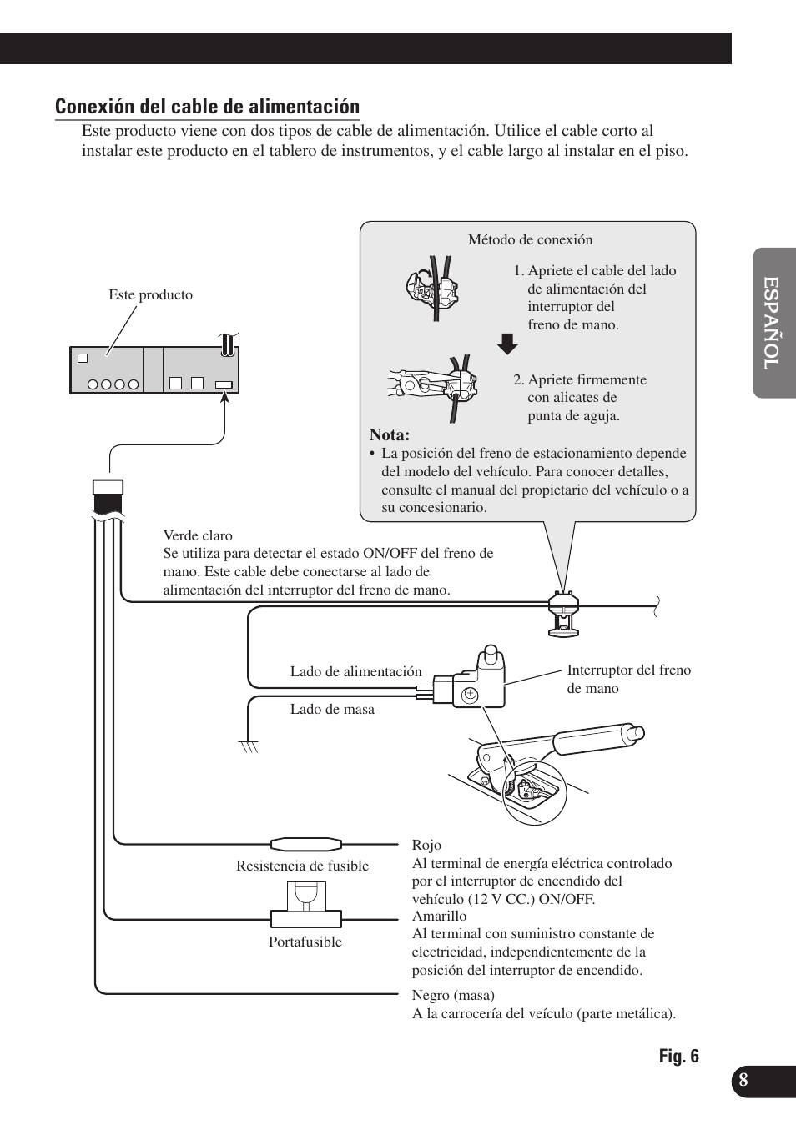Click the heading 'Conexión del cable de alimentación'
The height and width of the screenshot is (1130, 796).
[207, 107]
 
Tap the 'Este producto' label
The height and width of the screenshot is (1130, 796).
[150, 295]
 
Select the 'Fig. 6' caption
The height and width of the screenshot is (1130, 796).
[678, 1057]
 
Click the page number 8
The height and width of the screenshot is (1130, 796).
[743, 1080]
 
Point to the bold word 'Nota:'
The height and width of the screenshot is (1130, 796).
[390, 435]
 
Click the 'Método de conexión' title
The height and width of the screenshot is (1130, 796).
[530, 240]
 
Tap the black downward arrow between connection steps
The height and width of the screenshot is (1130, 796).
[506, 344]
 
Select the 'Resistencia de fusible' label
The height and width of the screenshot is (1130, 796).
[302, 866]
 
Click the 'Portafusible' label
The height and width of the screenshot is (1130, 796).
[305, 942]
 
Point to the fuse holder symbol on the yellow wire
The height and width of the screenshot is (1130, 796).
[306, 906]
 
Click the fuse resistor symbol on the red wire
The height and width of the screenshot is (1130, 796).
[305, 843]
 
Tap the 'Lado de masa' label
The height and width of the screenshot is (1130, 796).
[332, 710]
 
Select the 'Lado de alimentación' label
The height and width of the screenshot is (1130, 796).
[355, 672]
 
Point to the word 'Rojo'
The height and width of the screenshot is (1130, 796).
[426, 846]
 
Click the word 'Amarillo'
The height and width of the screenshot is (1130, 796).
[439, 917]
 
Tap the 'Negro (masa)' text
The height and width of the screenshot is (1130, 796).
[453, 996]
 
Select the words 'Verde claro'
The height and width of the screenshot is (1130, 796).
[198, 536]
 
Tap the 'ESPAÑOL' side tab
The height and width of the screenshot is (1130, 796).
[773, 323]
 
